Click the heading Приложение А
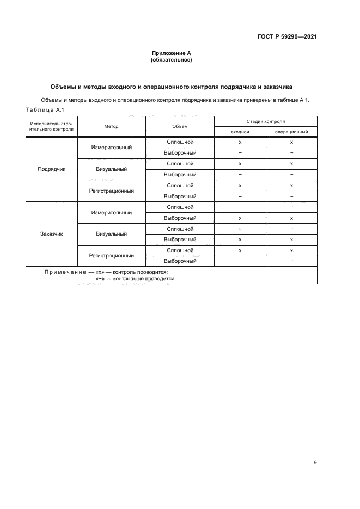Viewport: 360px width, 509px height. [171, 53]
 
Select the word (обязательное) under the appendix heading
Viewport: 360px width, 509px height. [171, 60]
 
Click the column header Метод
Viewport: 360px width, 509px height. [111, 126]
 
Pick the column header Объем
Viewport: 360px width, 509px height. [180, 126]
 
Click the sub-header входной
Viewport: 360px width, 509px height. [240, 132]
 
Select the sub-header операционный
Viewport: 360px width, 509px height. [291, 132]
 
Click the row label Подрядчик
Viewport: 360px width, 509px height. [51, 169]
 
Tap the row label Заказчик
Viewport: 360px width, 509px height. [51, 234]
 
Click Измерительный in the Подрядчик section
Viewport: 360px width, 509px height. [111, 148]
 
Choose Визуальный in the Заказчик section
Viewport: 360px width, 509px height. [111, 234]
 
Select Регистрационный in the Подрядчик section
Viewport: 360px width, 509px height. [111, 191]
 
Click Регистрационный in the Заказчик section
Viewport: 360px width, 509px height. [111, 255]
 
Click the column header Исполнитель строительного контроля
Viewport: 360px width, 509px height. [51, 126]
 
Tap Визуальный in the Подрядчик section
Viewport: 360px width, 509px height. [111, 169]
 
